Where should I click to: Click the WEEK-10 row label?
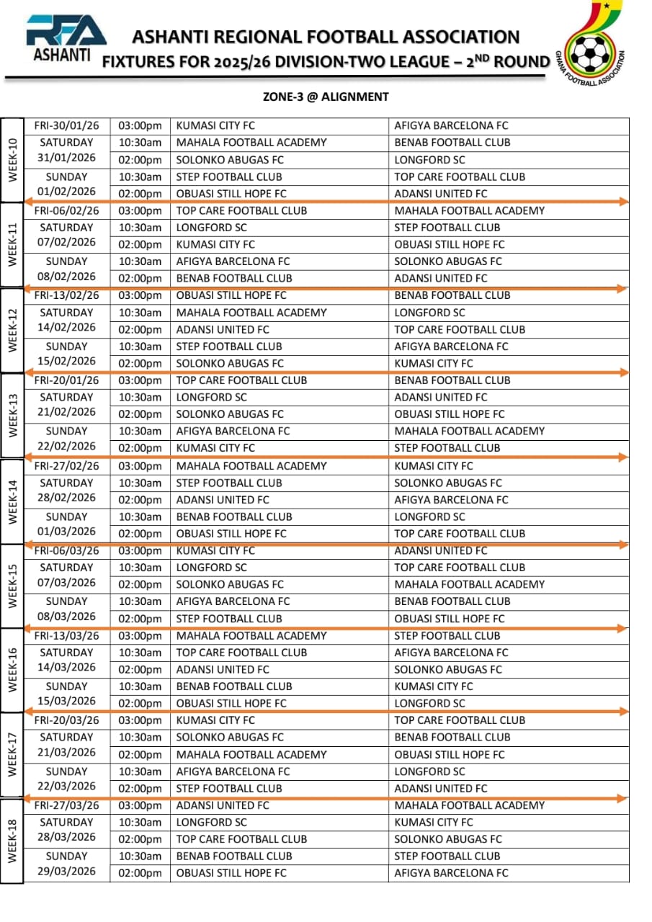pyautogui.click(x=12, y=160)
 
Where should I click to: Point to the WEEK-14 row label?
pyautogui.click(x=12, y=499)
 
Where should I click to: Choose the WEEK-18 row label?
pyautogui.click(x=12, y=839)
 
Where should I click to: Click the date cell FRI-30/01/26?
pyautogui.click(x=66, y=125)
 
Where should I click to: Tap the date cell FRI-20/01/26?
pyautogui.click(x=66, y=380)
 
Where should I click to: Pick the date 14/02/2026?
pyautogui.click(x=66, y=327)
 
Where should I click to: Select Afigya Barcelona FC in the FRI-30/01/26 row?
pyautogui.click(x=451, y=125)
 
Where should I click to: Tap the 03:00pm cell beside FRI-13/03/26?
pyautogui.click(x=140, y=635)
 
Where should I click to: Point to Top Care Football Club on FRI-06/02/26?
pyautogui.click(x=241, y=210)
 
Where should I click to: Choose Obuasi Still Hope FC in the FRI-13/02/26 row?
pyautogui.click(x=231, y=295)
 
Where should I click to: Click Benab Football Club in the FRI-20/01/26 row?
pyautogui.click(x=452, y=380)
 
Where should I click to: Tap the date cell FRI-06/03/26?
pyautogui.click(x=66, y=551)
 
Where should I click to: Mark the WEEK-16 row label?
pyautogui.click(x=12, y=669)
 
